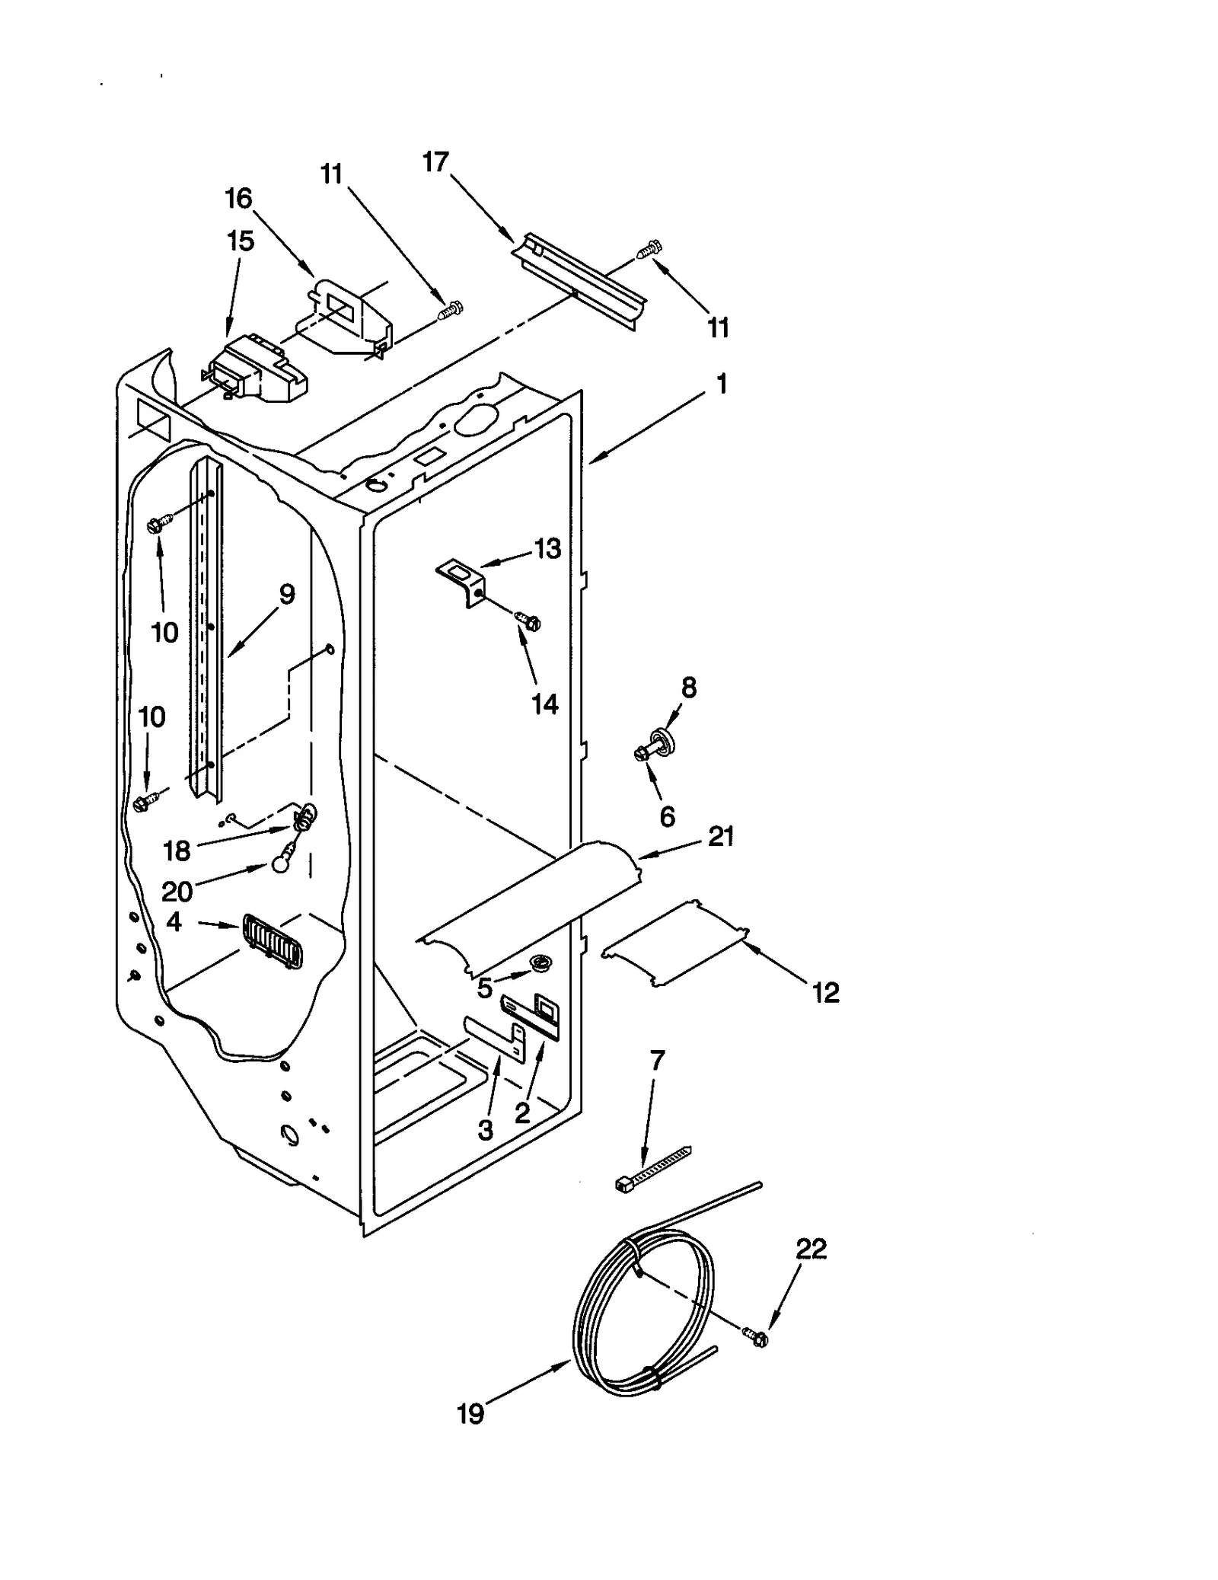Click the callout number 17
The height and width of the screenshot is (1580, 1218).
436,162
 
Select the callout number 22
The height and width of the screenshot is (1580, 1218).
811,1249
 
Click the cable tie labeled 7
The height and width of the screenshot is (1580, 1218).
653,1168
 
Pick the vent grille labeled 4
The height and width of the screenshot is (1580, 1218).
272,941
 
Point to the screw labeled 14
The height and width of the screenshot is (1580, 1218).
528,621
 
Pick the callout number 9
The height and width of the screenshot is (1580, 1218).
286,594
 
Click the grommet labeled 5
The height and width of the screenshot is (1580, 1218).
541,965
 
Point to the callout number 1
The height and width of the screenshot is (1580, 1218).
722,383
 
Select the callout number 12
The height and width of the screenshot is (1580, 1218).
826,992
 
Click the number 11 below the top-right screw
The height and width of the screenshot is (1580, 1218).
718,327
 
